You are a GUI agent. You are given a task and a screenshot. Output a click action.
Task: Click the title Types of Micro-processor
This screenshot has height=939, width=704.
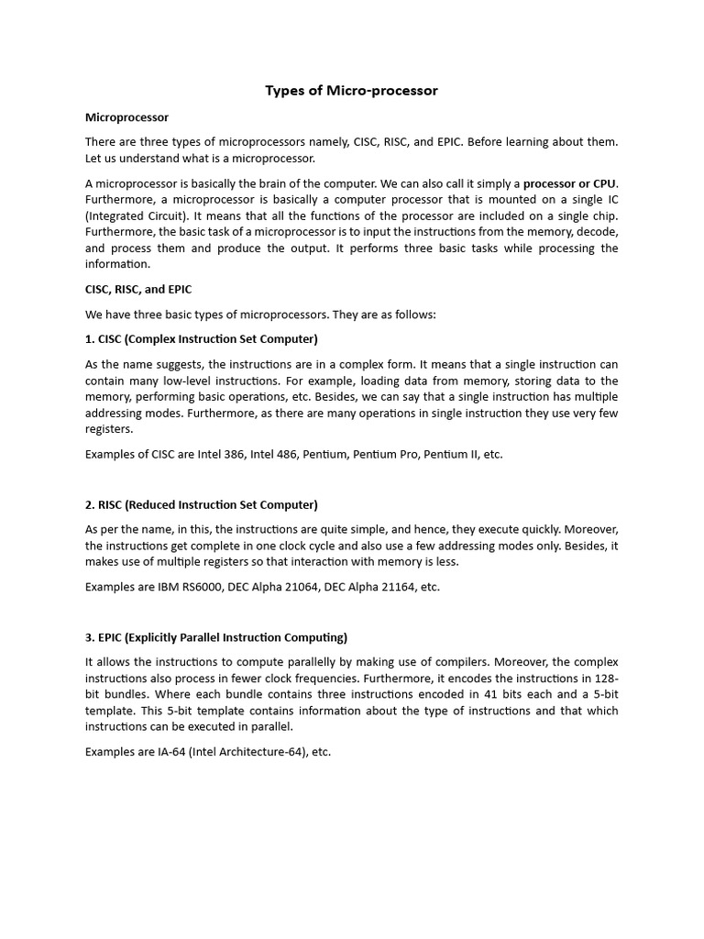click(x=351, y=90)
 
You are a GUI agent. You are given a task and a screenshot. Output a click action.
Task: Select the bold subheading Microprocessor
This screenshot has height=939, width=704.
click(x=126, y=116)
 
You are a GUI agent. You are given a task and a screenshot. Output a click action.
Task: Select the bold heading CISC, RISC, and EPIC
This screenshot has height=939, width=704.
click(x=138, y=289)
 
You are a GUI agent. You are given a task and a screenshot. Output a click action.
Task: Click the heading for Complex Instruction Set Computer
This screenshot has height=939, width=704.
click(x=202, y=338)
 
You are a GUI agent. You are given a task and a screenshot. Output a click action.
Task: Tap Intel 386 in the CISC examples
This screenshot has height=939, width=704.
click(x=219, y=454)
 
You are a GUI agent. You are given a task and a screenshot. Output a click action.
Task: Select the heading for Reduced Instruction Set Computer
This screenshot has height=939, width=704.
click(x=202, y=504)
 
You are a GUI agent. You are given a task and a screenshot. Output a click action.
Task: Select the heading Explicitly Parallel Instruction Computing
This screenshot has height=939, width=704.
click(x=216, y=637)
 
